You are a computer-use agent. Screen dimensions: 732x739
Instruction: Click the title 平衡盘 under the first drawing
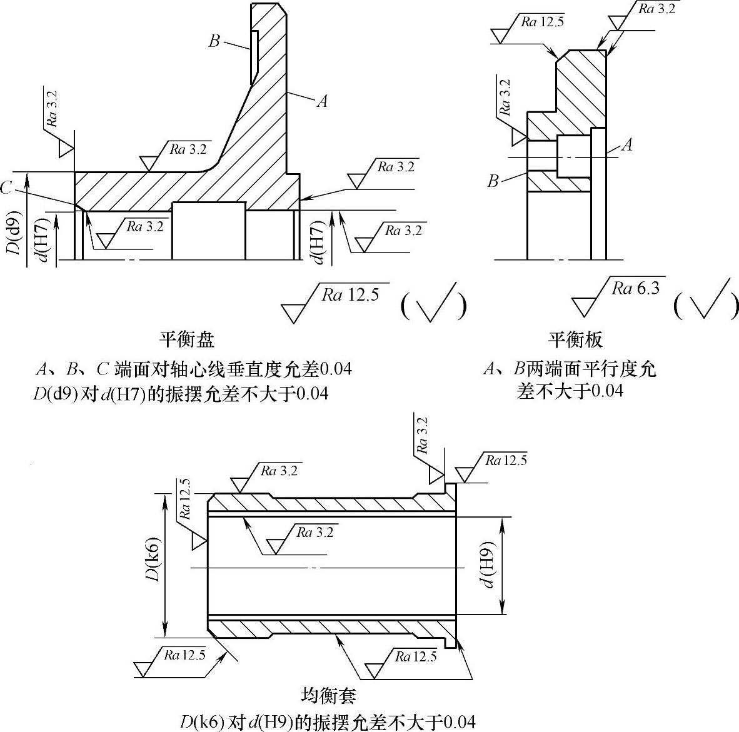[x=187, y=339]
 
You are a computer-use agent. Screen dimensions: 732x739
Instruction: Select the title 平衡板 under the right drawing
[x=575, y=339]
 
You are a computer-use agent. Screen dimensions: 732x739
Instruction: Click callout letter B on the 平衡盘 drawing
[x=214, y=41]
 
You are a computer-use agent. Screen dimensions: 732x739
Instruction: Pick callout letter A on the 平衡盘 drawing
[x=322, y=101]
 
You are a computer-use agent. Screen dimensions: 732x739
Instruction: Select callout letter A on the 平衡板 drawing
[x=626, y=145]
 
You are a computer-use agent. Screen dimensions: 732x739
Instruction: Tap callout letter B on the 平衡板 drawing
[x=493, y=181]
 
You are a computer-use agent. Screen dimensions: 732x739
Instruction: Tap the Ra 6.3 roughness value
[x=635, y=288]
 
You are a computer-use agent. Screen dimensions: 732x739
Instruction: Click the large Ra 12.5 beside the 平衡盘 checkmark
[x=351, y=294]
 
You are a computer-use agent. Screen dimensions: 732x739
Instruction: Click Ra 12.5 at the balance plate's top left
[x=543, y=22]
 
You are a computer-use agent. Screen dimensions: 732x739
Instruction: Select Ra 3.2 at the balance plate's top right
[x=656, y=9]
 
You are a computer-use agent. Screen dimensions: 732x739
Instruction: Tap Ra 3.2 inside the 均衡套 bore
[x=315, y=532]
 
